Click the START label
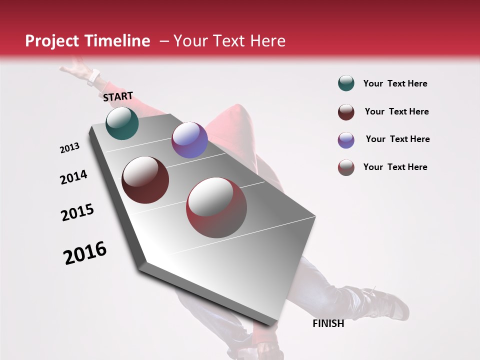tap(118, 96)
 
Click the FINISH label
tap(328, 323)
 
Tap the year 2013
tap(69, 148)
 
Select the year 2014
tap(73, 177)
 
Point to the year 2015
tap(77, 212)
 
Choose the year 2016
tap(85, 252)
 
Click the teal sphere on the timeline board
tap(122, 123)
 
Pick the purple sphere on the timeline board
tap(189, 140)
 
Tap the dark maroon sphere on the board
tap(145, 180)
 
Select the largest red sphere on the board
tap(216, 207)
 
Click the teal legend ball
tap(346, 83)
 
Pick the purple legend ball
tap(346, 140)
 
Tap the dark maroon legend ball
tap(346, 112)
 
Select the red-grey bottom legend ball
tap(346, 167)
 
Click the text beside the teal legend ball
tap(395, 83)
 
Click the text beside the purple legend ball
tap(397, 139)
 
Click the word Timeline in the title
tap(117, 41)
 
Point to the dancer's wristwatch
tap(93, 77)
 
